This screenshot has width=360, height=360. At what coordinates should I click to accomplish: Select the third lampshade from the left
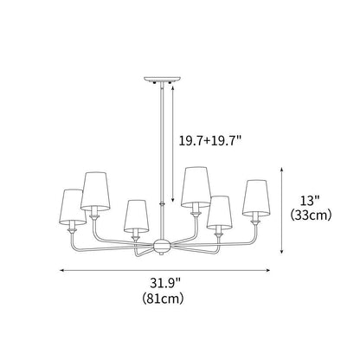(x=134, y=216)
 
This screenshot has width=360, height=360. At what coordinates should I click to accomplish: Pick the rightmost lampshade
(x=254, y=198)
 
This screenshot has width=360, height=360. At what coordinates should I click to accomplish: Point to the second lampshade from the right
(x=220, y=213)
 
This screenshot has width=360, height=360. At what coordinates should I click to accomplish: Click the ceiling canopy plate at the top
(x=159, y=80)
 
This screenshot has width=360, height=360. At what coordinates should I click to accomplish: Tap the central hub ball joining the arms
(x=160, y=247)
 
